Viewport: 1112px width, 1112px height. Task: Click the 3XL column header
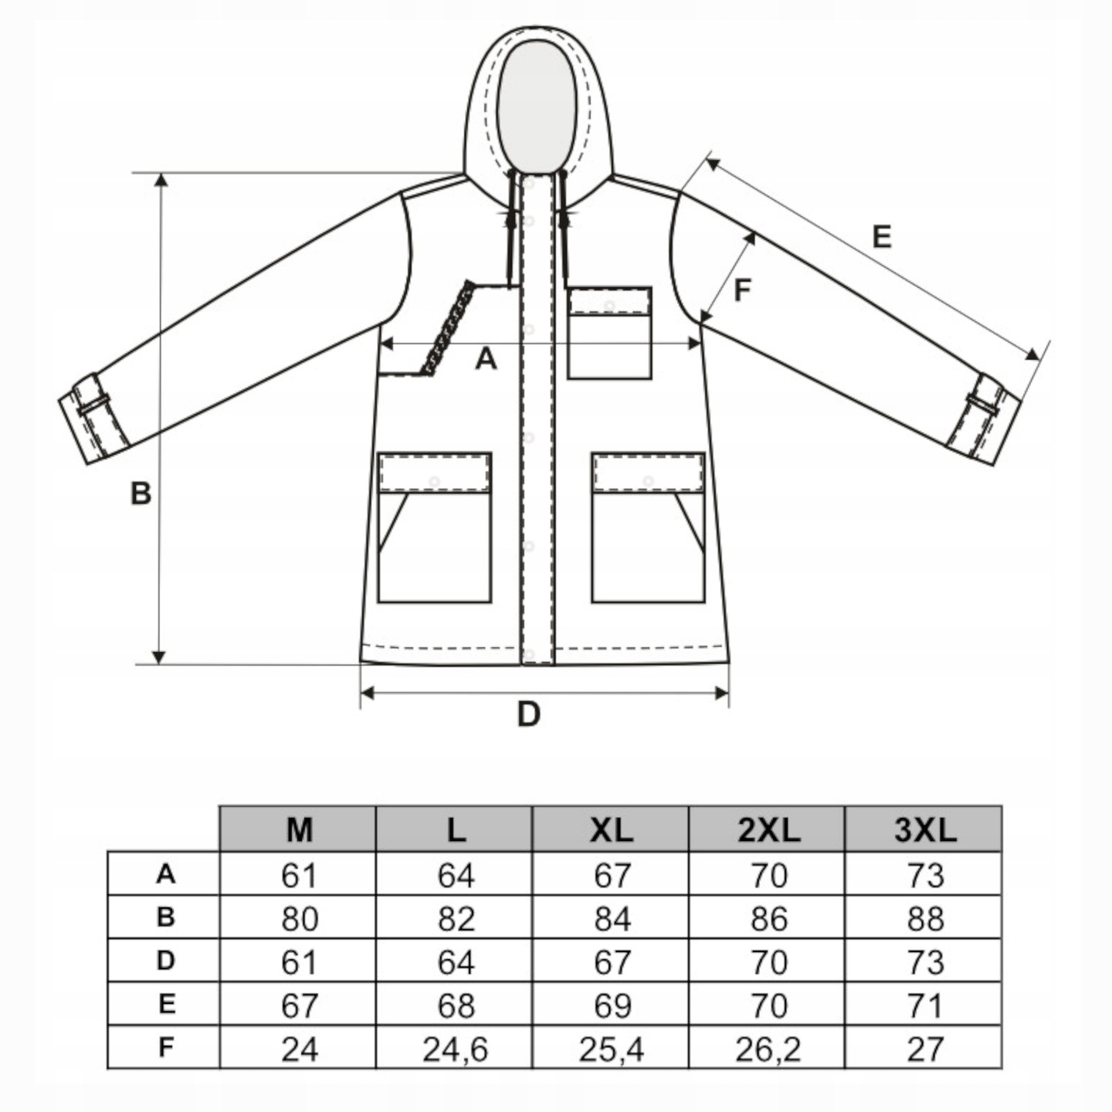click(924, 829)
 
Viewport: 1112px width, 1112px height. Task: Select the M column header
click(299, 829)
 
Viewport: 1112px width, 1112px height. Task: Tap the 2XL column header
click(768, 829)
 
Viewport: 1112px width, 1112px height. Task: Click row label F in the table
click(164, 1048)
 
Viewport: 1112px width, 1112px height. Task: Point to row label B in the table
click(164, 917)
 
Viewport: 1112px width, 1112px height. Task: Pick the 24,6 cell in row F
click(455, 1049)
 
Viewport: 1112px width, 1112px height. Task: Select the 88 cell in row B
click(924, 919)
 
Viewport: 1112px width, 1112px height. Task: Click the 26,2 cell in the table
click(768, 1049)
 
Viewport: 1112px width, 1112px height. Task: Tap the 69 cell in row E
click(612, 1005)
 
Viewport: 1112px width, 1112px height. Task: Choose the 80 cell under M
click(299, 919)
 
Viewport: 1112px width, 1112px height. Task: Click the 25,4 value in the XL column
click(612, 1049)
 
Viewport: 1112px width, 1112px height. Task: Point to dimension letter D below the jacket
click(528, 715)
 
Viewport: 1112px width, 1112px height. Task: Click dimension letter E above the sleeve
click(881, 236)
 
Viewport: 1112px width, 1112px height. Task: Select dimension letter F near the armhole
click(742, 290)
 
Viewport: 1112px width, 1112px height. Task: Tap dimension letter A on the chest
click(485, 358)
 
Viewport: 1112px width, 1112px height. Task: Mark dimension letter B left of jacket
click(141, 493)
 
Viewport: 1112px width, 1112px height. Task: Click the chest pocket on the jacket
click(609, 333)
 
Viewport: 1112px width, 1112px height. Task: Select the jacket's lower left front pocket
click(434, 527)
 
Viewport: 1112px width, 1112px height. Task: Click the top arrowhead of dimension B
click(161, 180)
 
